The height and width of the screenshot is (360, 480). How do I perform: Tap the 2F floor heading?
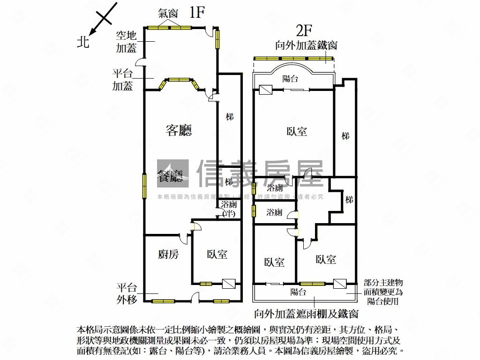(304, 30)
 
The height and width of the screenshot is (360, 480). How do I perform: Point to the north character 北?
(82, 42)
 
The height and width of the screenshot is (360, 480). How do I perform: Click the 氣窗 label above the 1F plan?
(167, 14)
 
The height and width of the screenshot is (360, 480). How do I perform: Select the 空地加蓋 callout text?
(126, 41)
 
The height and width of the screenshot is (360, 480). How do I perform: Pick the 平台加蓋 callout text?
(122, 79)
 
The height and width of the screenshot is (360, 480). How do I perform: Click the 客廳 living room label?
(179, 130)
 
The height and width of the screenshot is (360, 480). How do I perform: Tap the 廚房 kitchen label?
(168, 254)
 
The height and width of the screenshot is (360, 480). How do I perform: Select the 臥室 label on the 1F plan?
(217, 254)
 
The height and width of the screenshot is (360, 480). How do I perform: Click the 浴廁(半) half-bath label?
(229, 209)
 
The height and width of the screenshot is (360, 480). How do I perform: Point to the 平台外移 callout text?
(127, 293)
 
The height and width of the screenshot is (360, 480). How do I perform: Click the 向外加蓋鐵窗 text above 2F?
(307, 45)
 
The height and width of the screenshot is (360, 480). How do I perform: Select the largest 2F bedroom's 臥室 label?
(297, 131)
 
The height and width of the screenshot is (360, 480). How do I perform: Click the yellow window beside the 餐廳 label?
(145, 186)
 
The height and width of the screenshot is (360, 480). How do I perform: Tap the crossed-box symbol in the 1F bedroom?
(229, 284)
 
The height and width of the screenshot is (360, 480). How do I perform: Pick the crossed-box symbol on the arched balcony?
(265, 90)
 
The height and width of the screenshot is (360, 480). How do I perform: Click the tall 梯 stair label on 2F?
(345, 136)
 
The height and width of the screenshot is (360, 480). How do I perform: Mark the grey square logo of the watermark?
(172, 173)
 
